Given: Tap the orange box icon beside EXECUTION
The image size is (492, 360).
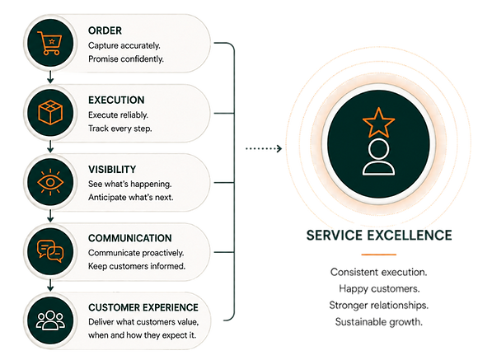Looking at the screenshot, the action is pyautogui.click(x=50, y=112).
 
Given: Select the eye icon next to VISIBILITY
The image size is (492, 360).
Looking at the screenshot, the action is pyautogui.click(x=50, y=182).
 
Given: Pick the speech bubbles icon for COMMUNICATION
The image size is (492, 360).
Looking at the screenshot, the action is pyautogui.click(x=50, y=251).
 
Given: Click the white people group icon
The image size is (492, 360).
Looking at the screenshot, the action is pyautogui.click(x=50, y=320).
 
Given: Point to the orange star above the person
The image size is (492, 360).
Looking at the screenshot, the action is pyautogui.click(x=378, y=123).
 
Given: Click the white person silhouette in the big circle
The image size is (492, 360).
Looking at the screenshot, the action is pyautogui.click(x=378, y=157).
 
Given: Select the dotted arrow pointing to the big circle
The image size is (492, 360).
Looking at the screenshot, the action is pyautogui.click(x=264, y=148).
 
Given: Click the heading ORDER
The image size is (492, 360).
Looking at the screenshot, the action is pyautogui.click(x=105, y=30).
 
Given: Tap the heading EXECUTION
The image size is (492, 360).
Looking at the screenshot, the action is pyautogui.click(x=116, y=100).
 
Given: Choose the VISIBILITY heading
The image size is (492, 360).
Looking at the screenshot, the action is pyautogui.click(x=112, y=170).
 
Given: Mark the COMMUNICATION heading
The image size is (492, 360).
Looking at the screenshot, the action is pyautogui.click(x=130, y=238).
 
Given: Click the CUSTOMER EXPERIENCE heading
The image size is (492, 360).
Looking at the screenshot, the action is pyautogui.click(x=143, y=307).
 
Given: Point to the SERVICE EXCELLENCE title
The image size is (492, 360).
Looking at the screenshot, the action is pyautogui.click(x=379, y=235).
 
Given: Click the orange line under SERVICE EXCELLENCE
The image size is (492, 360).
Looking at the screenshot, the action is pyautogui.click(x=379, y=255).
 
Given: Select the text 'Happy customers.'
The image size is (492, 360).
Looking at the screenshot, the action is pyautogui.click(x=379, y=288).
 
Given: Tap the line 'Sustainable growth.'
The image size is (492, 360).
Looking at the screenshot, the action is pyautogui.click(x=379, y=322).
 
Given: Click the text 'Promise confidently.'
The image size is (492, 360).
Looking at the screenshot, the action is pyautogui.click(x=126, y=59).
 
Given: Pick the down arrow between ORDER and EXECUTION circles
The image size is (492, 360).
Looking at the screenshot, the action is pyautogui.click(x=50, y=77).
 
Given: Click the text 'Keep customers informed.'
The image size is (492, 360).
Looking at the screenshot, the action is pyautogui.click(x=137, y=266).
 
